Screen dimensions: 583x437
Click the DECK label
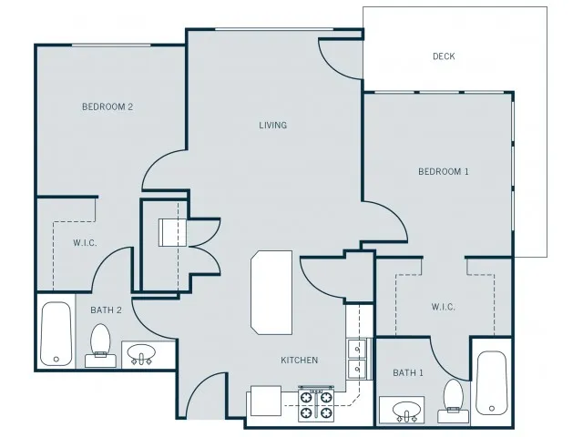tap(444, 56)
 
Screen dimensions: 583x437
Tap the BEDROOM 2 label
tap(107, 107)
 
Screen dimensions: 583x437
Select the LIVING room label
tap(273, 126)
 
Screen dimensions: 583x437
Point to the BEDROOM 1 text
tap(444, 172)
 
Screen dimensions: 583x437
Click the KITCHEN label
tap(300, 361)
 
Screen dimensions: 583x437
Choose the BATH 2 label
tap(106, 310)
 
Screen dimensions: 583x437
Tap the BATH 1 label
tap(408, 372)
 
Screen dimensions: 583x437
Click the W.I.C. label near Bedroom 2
tap(85, 243)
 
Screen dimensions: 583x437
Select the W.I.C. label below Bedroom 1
tap(444, 307)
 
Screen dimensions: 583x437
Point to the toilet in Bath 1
tap(454, 401)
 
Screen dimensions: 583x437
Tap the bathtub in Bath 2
tap(56, 334)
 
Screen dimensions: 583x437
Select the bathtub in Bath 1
tap(492, 383)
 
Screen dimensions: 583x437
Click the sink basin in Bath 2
tap(141, 353)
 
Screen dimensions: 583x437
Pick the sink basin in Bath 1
tap(407, 411)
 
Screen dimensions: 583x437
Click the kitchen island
tap(271, 292)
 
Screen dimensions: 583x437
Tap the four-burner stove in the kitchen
tap(316, 404)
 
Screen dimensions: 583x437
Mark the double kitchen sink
tap(357, 359)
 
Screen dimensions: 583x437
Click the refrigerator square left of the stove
tap(265, 401)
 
